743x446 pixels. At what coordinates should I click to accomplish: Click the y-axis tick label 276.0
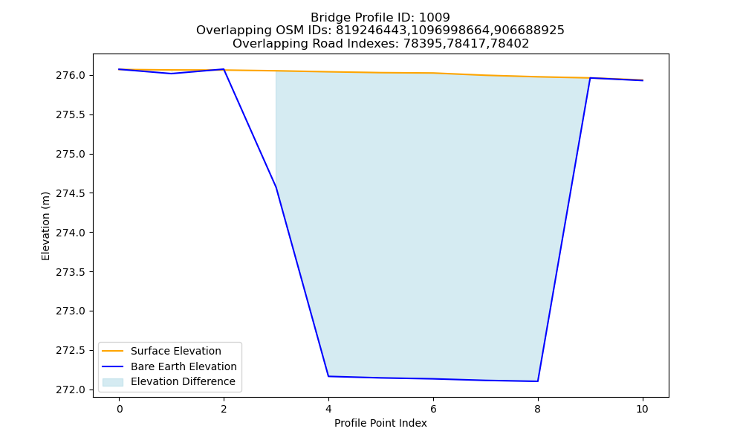click(71, 76)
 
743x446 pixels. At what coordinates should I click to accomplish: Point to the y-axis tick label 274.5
click(71, 193)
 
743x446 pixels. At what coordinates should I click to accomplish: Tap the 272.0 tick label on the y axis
click(71, 390)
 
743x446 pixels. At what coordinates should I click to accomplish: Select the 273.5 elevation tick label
click(71, 272)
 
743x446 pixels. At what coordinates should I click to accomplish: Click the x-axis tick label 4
click(328, 409)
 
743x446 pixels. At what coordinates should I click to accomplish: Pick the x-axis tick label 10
click(642, 409)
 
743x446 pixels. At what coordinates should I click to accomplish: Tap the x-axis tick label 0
click(120, 409)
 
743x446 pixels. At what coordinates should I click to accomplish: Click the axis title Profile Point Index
click(380, 423)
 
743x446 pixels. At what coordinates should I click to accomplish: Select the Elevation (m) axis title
click(45, 226)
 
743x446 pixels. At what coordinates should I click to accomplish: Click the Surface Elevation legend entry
click(176, 351)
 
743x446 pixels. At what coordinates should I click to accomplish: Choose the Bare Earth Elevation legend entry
click(184, 366)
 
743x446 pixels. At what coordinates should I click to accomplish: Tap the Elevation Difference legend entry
click(183, 381)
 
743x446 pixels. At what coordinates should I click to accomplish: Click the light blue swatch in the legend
click(113, 382)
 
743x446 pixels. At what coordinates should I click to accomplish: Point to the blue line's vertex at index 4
click(328, 376)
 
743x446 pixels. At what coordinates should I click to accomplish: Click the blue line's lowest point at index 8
click(537, 381)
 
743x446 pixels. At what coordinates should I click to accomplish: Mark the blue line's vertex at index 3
click(276, 187)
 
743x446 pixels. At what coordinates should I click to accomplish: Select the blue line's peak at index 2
click(224, 69)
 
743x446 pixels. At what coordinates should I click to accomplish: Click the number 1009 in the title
click(435, 18)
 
